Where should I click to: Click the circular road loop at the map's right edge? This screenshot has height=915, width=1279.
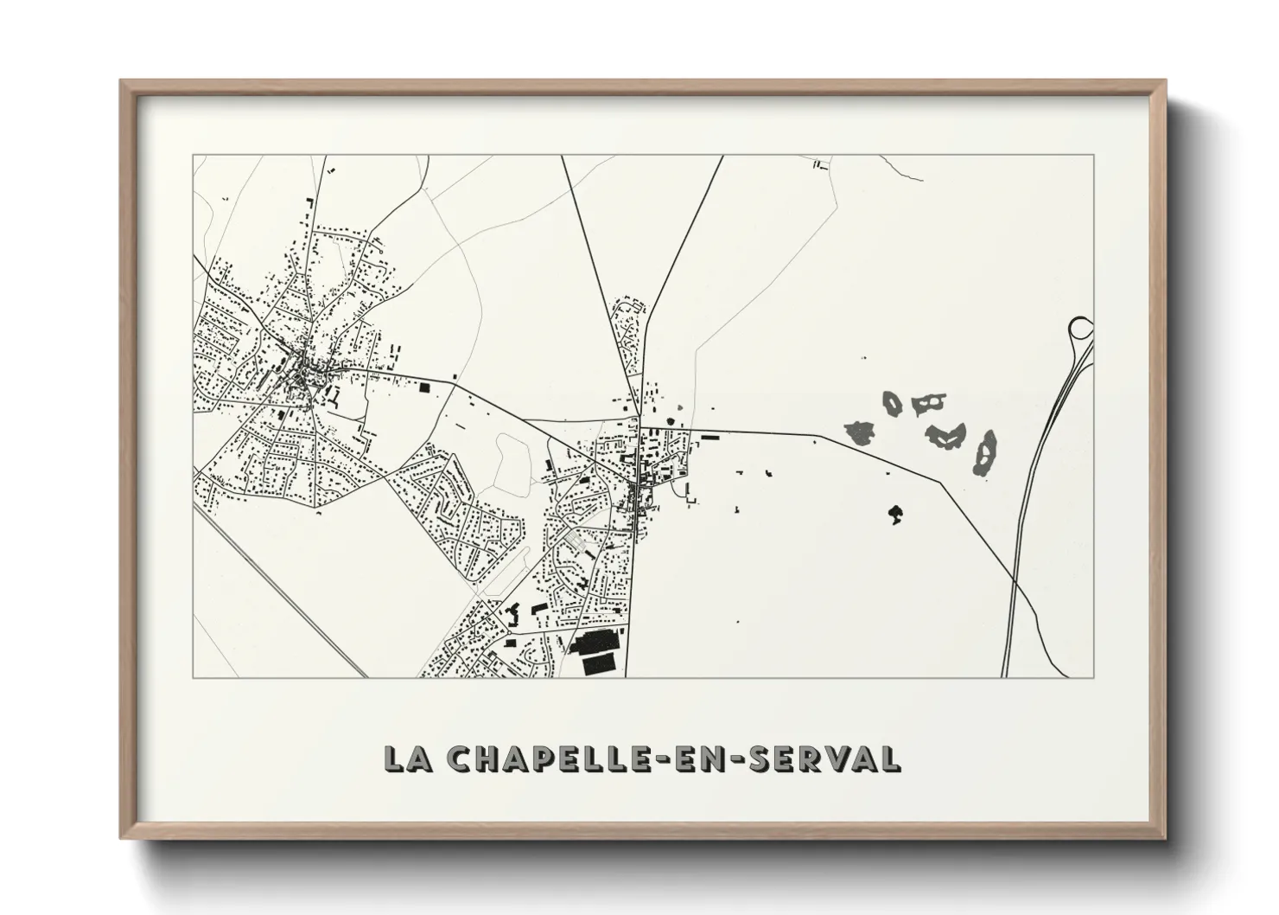coord(1080,329)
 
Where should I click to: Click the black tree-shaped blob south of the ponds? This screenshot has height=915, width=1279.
coord(895,515)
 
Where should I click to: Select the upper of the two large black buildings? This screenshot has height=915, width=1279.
coord(593,643)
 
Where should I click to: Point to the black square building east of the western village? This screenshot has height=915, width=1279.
coord(424,387)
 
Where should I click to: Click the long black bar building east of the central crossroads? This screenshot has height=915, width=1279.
coord(710,438)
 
